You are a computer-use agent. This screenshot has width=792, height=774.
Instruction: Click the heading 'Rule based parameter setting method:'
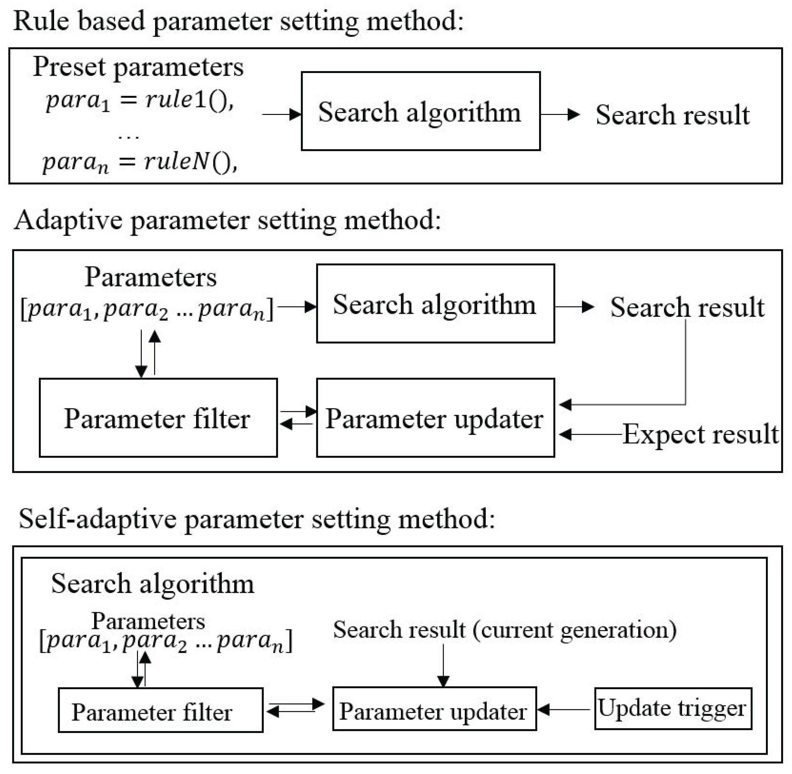coord(238,21)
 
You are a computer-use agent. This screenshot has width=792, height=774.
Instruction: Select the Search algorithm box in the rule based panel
coord(420,111)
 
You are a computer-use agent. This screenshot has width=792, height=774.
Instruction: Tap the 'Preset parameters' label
coord(138,67)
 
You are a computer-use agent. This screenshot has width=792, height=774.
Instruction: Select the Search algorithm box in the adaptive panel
coord(435,303)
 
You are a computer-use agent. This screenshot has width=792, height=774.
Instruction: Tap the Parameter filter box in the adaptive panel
coord(158,418)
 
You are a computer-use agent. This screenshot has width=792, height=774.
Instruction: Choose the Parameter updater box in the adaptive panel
coord(435,418)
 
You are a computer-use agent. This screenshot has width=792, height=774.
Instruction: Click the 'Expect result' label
coord(700,434)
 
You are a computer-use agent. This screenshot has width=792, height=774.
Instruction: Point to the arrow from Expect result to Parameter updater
coord(589,434)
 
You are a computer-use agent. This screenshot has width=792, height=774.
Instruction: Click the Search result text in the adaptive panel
coord(687,307)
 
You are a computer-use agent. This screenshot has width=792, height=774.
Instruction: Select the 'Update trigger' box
coord(673,708)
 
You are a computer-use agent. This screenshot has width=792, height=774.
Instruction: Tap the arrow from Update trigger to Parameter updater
coord(563,709)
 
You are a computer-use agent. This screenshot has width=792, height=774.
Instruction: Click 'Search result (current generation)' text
coord(505,630)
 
